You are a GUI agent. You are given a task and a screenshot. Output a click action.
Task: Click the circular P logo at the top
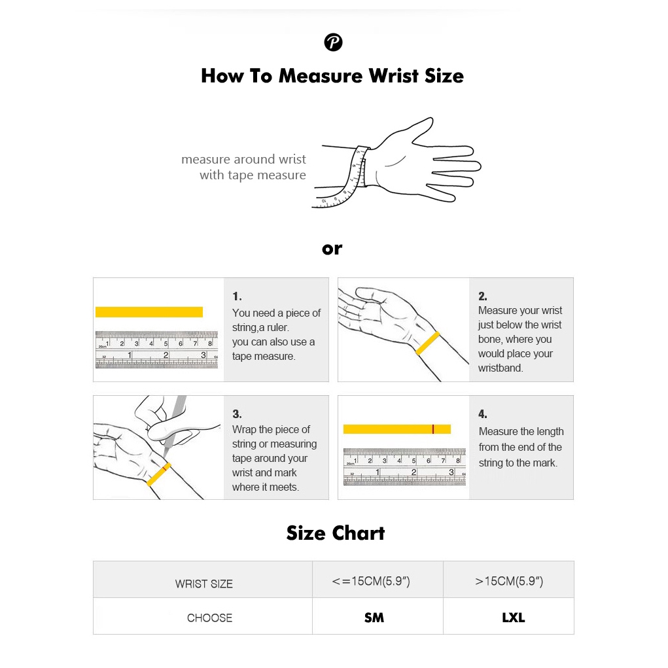tap(333, 42)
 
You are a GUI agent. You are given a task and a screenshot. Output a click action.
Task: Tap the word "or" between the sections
tap(332, 249)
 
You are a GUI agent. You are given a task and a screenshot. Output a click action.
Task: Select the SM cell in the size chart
tap(374, 618)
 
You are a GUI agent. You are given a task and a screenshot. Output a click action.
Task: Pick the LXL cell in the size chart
tap(514, 618)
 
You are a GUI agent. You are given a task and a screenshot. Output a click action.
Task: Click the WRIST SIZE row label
tap(203, 584)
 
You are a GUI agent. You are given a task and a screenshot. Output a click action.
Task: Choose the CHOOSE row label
tap(209, 618)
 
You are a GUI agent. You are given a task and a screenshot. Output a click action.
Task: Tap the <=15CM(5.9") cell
tap(370, 581)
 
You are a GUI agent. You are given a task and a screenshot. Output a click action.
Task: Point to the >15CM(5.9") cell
tap(509, 581)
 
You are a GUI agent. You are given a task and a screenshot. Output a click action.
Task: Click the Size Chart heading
tap(335, 533)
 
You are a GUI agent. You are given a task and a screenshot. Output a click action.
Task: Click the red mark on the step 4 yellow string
tap(433, 429)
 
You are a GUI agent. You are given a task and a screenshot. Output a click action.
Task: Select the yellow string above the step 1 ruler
tap(149, 312)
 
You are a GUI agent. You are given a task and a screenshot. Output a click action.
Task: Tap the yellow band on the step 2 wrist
tap(427, 343)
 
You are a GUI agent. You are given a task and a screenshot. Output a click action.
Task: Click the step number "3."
tap(237, 413)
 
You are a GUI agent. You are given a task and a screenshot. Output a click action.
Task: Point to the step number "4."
tap(483, 413)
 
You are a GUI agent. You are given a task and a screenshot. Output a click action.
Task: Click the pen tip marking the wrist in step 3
tap(165, 457)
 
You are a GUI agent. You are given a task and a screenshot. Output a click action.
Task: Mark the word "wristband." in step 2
tap(501, 368)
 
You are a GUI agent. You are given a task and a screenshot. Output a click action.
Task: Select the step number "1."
tap(237, 296)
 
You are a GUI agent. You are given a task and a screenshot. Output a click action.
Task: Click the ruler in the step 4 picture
tap(405, 467)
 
